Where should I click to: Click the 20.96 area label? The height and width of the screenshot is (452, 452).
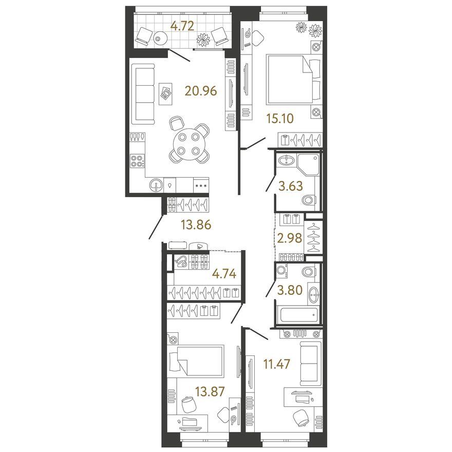click(x=201, y=91)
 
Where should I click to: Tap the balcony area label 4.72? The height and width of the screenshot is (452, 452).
click(x=182, y=26)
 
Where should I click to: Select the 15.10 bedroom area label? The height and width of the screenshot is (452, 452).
click(x=280, y=119)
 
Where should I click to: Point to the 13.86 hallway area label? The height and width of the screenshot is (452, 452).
click(x=196, y=224)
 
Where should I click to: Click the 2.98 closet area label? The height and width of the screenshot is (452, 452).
click(x=289, y=238)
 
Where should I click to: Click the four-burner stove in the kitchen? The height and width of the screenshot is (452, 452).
click(x=137, y=161)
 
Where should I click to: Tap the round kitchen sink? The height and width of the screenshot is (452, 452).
click(x=156, y=185)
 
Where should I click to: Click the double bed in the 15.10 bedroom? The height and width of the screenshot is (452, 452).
click(x=293, y=79)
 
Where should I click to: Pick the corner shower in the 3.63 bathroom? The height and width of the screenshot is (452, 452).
click(x=308, y=164)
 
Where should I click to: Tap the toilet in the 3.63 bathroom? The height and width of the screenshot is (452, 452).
click(x=310, y=200)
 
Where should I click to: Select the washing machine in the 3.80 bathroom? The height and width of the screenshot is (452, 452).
click(x=281, y=271)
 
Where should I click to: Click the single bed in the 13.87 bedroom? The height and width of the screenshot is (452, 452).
click(x=196, y=361)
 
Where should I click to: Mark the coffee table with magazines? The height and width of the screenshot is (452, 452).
click(x=165, y=94)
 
